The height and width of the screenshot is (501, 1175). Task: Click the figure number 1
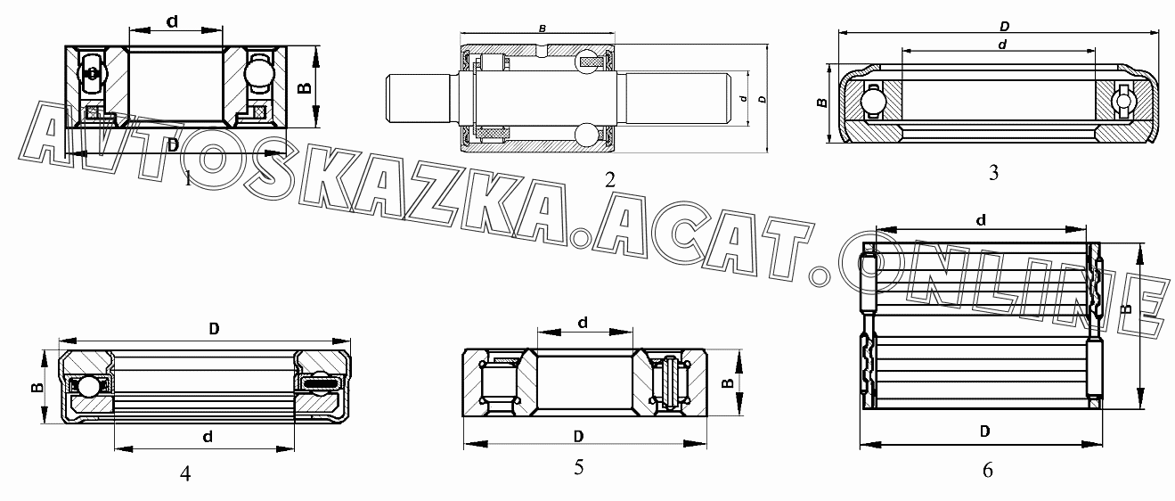click(x=188, y=178)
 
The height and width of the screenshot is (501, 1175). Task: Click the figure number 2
click(x=609, y=180)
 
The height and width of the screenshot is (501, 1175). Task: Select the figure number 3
click(x=993, y=173)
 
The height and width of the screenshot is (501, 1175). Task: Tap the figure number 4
click(x=185, y=473)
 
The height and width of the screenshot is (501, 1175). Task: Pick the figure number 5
click(x=578, y=467)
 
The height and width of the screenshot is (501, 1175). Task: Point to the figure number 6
click(x=987, y=470)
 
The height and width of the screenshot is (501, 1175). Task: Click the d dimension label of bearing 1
click(x=172, y=21)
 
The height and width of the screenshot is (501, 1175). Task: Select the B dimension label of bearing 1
click(x=305, y=87)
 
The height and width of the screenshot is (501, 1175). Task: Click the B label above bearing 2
click(x=543, y=29)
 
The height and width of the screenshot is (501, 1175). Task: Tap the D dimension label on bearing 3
click(x=1004, y=26)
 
